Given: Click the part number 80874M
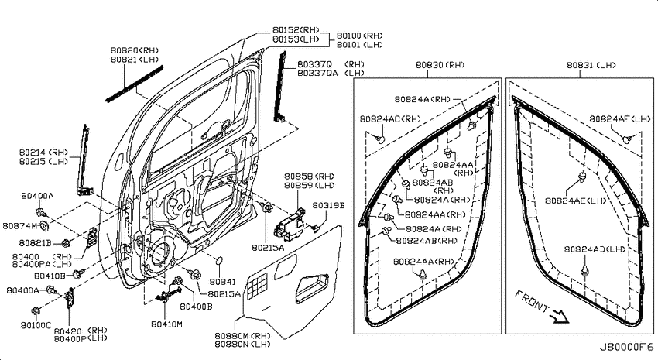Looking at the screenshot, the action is click(x=19, y=226).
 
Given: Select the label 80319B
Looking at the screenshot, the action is click(x=328, y=205).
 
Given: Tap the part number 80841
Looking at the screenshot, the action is click(x=222, y=282).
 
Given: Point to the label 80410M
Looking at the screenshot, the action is click(x=166, y=324).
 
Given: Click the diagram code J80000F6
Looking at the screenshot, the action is click(x=625, y=347).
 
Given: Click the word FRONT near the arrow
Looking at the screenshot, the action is click(x=532, y=301).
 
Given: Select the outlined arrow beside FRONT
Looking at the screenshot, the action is click(x=560, y=317).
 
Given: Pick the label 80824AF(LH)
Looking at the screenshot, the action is click(x=620, y=118).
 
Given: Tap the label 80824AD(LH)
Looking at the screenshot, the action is click(x=595, y=249).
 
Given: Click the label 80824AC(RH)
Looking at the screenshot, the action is click(x=390, y=118).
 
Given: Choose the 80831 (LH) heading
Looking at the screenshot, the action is click(x=591, y=65).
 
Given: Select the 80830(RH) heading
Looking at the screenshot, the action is click(x=440, y=65).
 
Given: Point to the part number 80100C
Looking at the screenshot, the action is click(x=36, y=324).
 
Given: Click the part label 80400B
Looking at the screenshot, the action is click(x=196, y=307).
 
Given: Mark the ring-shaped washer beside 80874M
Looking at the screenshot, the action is click(x=44, y=227).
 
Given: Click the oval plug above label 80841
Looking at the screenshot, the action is click(x=218, y=261).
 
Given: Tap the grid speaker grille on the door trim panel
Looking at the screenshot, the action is click(x=257, y=286).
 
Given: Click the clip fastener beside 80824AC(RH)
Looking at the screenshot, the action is click(x=380, y=139).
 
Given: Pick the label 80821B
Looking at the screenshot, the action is click(x=36, y=242).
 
